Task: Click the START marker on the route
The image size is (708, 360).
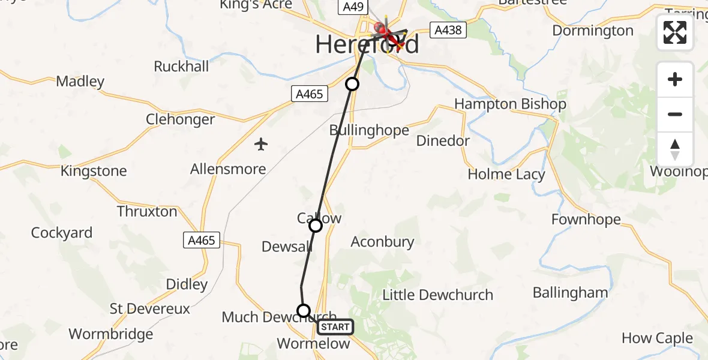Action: coord(335,327)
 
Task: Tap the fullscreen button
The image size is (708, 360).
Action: coord(675,32)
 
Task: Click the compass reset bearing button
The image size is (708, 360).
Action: coord(675,149)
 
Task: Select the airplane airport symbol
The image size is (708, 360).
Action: coord(260,144)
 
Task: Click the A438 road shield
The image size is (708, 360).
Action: coord(448,29)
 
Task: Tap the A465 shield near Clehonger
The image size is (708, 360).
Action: coord(310,94)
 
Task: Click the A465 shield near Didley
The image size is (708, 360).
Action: coord(201,241)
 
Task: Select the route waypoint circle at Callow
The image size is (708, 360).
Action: coord(316,226)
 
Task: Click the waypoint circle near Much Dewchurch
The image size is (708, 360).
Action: coord(304,311)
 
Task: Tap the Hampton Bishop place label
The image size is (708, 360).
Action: coord(510,104)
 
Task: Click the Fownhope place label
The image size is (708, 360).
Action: coord(586,220)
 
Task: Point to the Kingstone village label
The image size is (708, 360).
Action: coord(94,171)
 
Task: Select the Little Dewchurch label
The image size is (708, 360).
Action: coord(437,295)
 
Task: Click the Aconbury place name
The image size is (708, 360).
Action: coord(382,242)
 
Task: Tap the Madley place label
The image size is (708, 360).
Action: coord(80,81)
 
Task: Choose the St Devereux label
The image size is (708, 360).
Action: coord(149,309)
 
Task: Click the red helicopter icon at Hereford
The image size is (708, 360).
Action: coord(382,29)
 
